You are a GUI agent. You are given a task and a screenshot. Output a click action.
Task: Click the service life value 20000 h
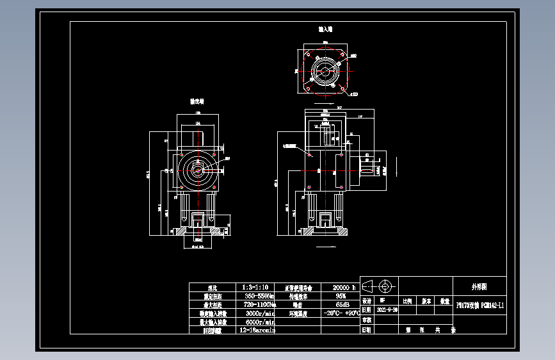coord(338,288)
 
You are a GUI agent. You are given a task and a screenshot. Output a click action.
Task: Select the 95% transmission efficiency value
coord(341,297)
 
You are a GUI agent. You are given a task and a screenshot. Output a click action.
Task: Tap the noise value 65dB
coord(341,305)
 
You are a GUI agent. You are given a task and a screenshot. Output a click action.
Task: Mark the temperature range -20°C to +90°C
coord(341,314)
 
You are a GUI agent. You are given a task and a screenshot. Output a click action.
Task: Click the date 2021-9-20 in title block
coord(387,309)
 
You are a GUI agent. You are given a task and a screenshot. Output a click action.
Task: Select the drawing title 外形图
coord(479,286)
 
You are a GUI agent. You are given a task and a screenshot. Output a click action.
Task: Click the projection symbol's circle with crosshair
coord(385,286)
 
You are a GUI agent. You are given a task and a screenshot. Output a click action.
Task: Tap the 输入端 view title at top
coord(325,30)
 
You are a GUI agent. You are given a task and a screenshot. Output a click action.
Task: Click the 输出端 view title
coord(197,101)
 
